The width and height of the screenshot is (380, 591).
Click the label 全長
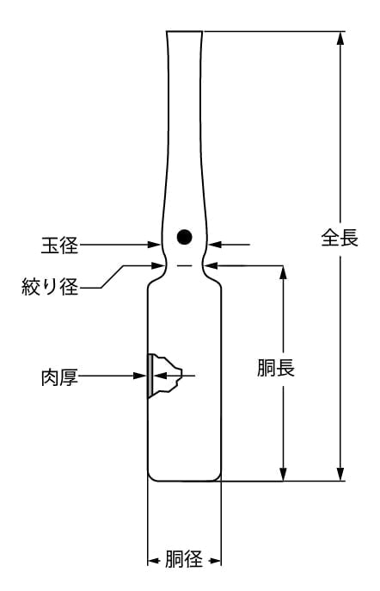340,238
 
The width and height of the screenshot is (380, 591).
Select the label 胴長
276,368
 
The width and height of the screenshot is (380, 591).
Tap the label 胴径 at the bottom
184,559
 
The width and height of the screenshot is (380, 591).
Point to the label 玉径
59,245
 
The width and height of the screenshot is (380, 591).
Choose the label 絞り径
50,286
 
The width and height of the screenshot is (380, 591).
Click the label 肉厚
59,377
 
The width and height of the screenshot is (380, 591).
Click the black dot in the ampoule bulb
184,237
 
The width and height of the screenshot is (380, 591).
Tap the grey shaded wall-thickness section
150,376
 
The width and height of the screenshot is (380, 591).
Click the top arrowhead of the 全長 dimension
340,38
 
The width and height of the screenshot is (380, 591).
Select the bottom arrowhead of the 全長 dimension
340,474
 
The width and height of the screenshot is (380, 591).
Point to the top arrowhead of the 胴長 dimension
284,272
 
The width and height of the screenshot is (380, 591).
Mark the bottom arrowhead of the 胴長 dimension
284,474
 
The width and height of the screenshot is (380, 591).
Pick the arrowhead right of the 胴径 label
215,561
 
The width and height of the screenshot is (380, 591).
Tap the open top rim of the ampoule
184,31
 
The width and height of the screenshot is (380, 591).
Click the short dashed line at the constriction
184,266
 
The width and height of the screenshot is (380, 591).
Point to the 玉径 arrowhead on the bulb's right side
215,245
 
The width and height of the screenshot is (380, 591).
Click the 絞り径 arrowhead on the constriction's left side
158,265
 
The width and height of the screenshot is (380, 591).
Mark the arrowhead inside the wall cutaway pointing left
159,376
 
